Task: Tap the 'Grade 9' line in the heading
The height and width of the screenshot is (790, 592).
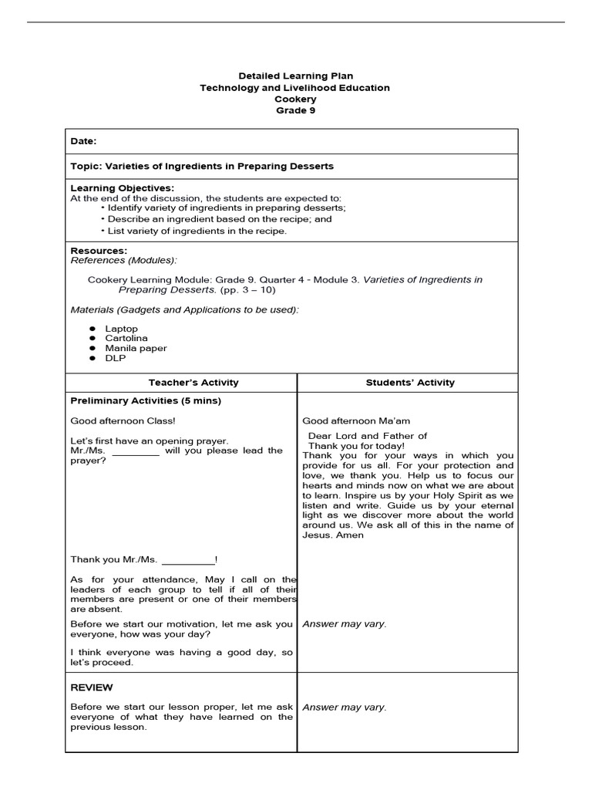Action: click(x=295, y=110)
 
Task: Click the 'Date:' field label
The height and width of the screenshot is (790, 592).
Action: click(x=84, y=142)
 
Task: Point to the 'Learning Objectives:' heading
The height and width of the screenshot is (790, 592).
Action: click(x=122, y=188)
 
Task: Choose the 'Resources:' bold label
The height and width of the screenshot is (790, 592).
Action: click(x=99, y=251)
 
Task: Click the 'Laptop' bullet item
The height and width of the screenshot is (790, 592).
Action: click(x=122, y=329)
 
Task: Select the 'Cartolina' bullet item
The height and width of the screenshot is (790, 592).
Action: click(x=126, y=338)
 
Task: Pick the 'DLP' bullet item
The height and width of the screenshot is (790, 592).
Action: click(x=116, y=358)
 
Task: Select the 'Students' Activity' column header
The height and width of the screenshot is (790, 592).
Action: click(x=410, y=383)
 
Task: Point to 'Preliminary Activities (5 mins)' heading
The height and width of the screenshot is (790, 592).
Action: click(x=146, y=401)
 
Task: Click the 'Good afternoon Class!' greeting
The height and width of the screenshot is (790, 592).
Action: click(x=123, y=421)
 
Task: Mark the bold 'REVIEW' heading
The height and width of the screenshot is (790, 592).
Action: click(x=92, y=687)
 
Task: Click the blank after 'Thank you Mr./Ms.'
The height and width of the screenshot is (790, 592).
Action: click(x=188, y=559)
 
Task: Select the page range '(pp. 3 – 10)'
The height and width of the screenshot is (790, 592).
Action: click(x=247, y=290)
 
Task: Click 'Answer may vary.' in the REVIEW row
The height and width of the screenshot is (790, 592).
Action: click(x=345, y=707)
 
